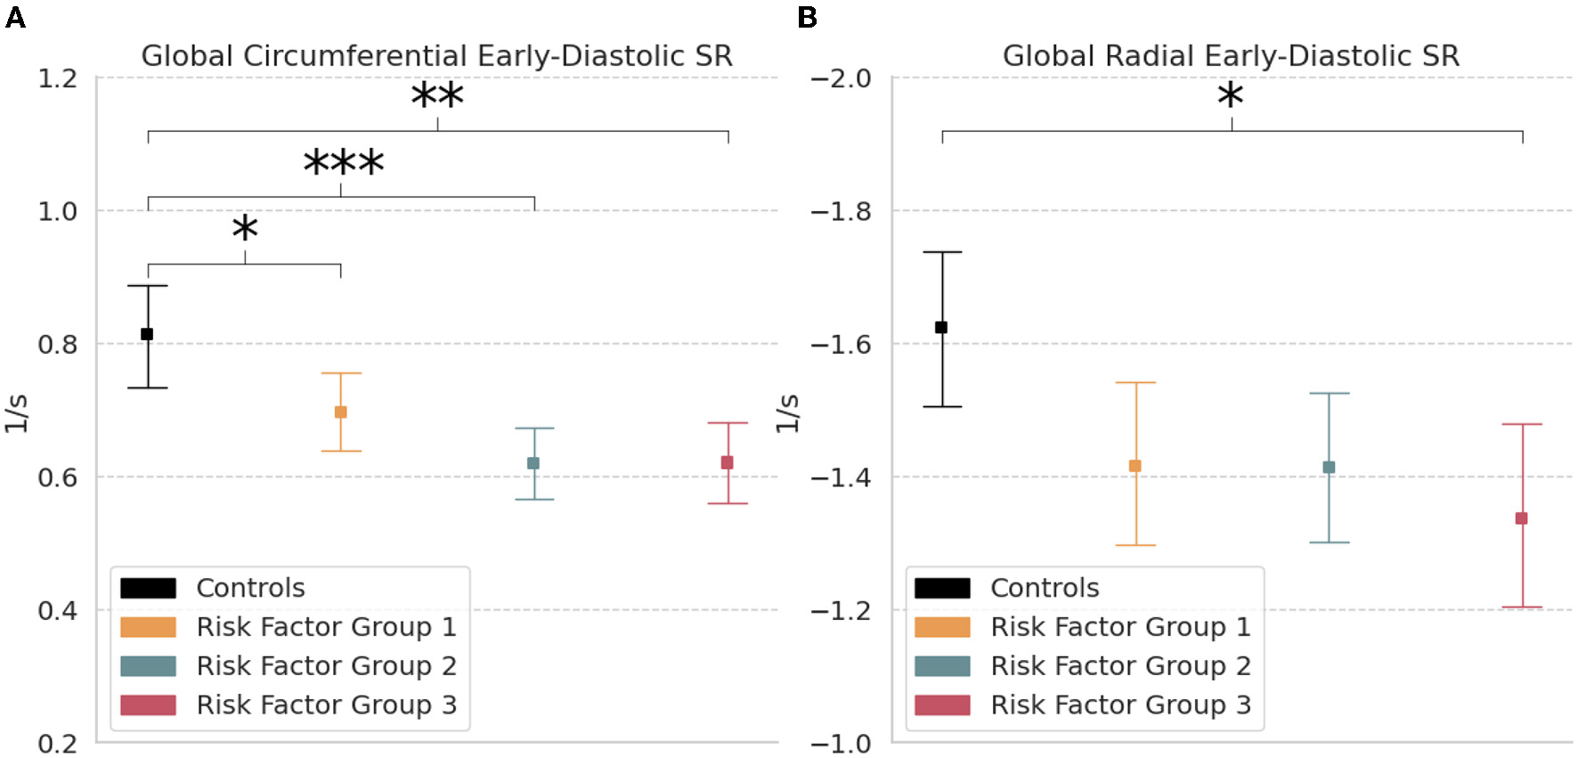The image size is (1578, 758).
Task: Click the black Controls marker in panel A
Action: (x=147, y=334)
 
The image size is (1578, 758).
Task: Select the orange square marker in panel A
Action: (x=340, y=412)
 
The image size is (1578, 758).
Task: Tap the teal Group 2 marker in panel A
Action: (x=533, y=463)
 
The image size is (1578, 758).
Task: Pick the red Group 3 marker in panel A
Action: (x=727, y=462)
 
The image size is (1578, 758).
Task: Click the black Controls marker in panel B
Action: (x=941, y=328)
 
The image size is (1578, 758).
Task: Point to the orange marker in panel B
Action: (x=1135, y=466)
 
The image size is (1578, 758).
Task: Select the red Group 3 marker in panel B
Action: (x=1521, y=518)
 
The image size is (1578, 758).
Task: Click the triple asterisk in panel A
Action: (x=343, y=163)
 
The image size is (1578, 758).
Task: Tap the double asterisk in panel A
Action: (x=437, y=96)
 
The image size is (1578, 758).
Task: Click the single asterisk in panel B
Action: (x=1230, y=96)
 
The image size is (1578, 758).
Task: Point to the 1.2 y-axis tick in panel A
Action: (x=57, y=78)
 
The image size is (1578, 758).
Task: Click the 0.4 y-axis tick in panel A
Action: (x=57, y=610)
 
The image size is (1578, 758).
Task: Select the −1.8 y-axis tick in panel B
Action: (x=841, y=212)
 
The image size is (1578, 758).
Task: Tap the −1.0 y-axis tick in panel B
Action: (x=841, y=743)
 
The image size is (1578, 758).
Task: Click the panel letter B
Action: (x=807, y=17)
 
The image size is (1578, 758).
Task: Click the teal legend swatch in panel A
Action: (x=148, y=666)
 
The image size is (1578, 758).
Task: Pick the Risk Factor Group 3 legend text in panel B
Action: (x=1120, y=705)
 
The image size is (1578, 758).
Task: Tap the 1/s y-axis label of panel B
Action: (x=787, y=412)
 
